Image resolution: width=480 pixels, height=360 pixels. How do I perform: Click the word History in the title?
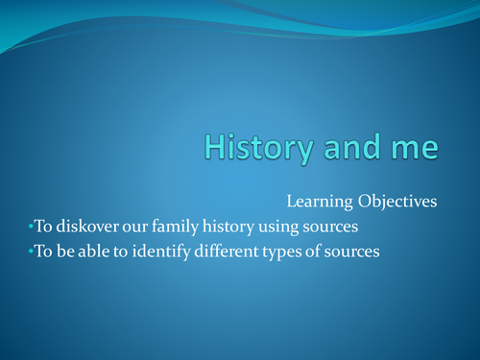[252, 148]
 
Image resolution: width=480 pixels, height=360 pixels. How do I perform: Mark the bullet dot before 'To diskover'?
[30, 228]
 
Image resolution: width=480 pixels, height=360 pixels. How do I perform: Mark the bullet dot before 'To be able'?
[30, 252]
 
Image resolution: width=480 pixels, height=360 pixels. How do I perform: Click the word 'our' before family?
[136, 228]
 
